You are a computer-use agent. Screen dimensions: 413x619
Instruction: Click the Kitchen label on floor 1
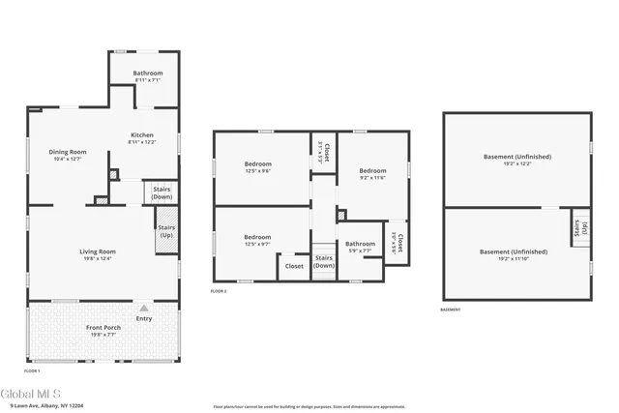point(141,135)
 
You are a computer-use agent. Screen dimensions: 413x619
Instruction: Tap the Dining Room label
point(69,152)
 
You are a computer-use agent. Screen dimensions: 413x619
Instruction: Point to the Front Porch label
point(103,328)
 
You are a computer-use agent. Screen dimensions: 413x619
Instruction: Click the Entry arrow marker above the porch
point(144,309)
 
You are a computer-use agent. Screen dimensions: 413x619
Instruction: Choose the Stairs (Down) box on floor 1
point(162,193)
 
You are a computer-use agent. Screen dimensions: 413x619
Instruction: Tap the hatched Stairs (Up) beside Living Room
point(166,234)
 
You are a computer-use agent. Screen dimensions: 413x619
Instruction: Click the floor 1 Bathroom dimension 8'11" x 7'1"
point(148,80)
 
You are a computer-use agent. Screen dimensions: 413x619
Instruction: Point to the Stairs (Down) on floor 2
point(324,261)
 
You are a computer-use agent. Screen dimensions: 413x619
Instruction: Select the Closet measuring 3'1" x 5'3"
point(324,153)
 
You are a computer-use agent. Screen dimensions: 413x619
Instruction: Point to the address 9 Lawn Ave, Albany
point(48,406)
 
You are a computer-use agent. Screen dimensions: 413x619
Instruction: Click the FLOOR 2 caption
point(218,290)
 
